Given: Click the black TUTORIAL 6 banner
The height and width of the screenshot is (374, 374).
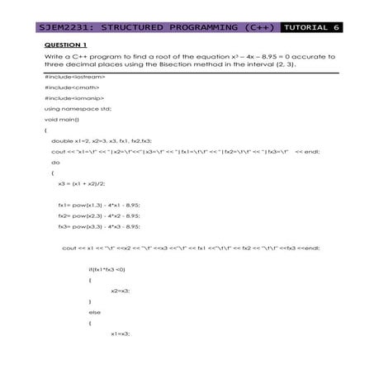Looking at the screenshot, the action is (312, 27).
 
